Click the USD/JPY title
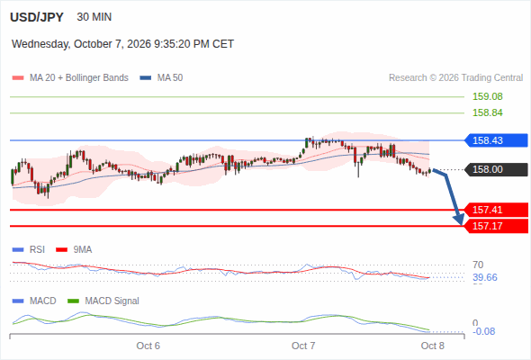[x=37, y=17]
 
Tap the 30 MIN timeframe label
[x=94, y=17]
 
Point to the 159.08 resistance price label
[x=487, y=96]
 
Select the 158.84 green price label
[x=487, y=112]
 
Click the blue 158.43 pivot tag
[x=496, y=140]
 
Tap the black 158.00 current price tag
[x=496, y=169]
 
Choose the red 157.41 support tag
[x=496, y=210]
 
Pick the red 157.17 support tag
[x=496, y=226]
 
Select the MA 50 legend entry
[x=161, y=78]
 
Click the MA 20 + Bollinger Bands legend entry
[x=70, y=78]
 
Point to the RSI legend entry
[x=29, y=249]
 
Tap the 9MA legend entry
[x=74, y=249]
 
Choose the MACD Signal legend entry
[x=103, y=301]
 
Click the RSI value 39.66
[x=485, y=278]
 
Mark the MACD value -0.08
[x=483, y=331]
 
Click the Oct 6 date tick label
[x=148, y=346]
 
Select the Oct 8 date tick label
[x=433, y=346]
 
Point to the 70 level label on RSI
[x=478, y=265]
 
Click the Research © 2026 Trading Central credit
[x=455, y=78]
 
